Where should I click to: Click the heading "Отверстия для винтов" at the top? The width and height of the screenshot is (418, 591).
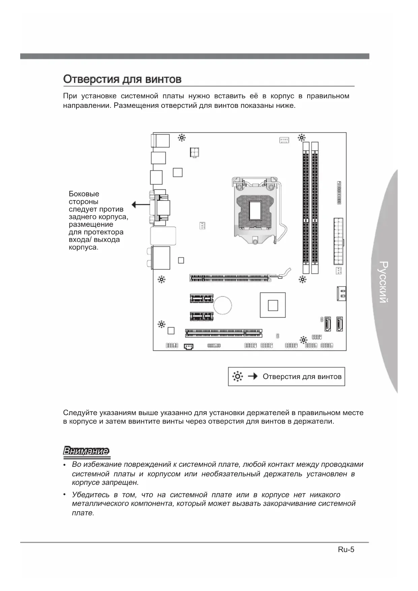[x=122, y=80]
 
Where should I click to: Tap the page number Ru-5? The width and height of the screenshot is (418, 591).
[x=346, y=550]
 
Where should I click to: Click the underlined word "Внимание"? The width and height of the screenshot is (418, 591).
[x=86, y=451]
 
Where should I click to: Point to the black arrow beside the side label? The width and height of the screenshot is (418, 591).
[x=140, y=205]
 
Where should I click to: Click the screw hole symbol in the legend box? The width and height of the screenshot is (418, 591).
[x=237, y=376]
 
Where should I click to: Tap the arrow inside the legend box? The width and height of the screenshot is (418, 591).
[x=253, y=376]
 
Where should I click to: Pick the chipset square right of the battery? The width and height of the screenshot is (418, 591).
[x=272, y=305]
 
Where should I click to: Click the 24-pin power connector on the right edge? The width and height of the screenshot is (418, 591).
[x=338, y=241]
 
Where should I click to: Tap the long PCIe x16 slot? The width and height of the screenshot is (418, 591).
[x=231, y=278]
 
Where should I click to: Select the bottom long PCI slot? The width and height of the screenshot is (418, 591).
[x=224, y=333]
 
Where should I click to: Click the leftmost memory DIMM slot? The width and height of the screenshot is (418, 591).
[x=306, y=207]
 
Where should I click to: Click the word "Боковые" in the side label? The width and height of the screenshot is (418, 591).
[x=84, y=194]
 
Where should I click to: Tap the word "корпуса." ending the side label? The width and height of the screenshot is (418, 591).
[x=84, y=247]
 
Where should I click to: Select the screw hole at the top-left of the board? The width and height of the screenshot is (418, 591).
[x=182, y=137]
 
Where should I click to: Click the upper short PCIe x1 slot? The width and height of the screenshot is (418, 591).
[x=201, y=298]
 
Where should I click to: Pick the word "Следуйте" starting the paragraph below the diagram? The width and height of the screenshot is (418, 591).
[x=80, y=413]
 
